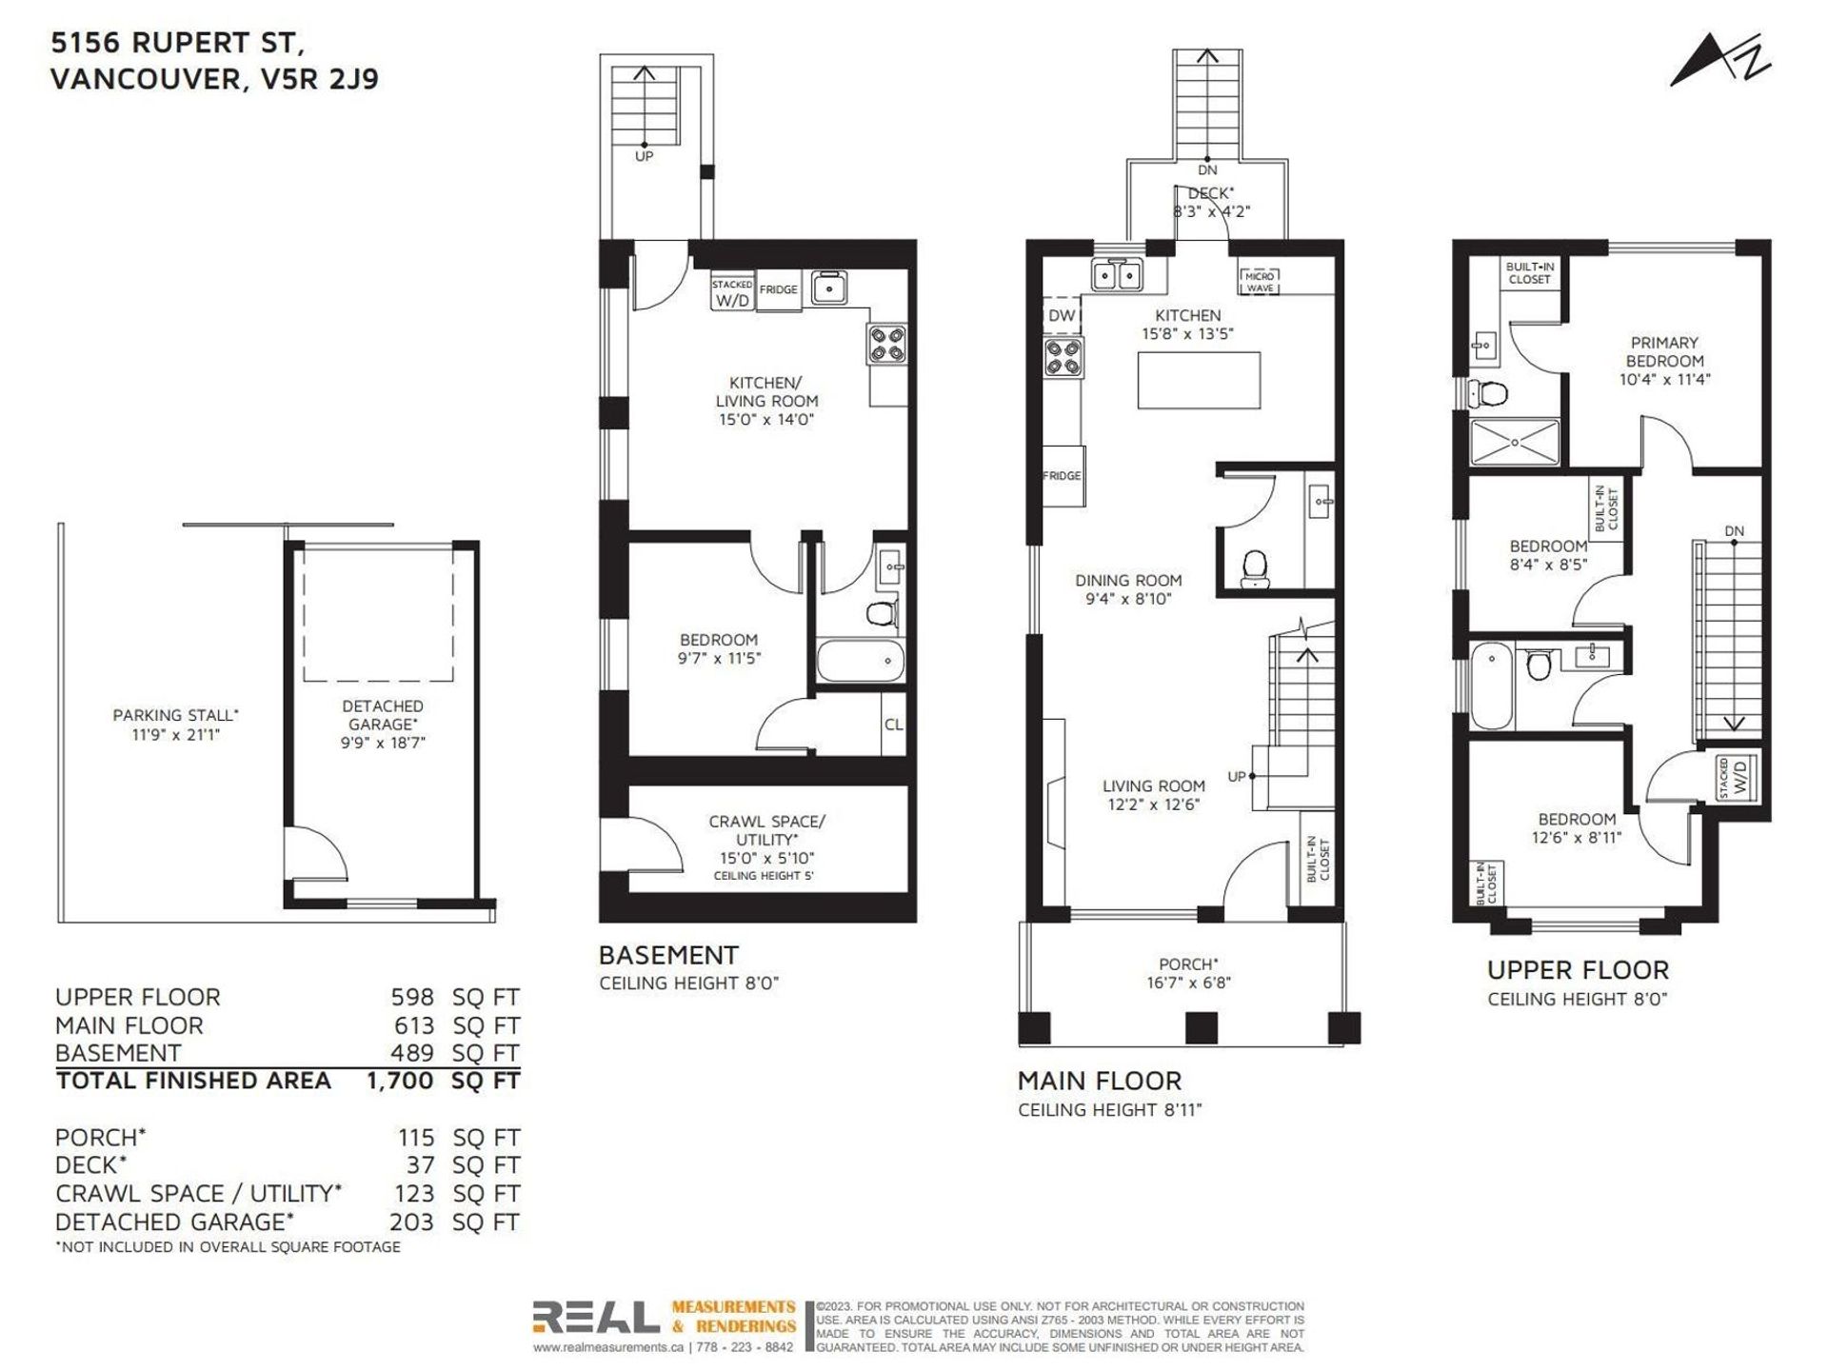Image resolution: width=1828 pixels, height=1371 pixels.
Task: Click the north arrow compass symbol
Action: click(x=1719, y=62)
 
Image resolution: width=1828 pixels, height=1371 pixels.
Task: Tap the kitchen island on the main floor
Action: click(x=1200, y=380)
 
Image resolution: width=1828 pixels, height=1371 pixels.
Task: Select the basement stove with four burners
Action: click(x=886, y=344)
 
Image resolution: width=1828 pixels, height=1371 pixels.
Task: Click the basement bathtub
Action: click(x=861, y=660)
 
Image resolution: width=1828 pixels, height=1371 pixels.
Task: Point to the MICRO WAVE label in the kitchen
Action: click(x=1259, y=282)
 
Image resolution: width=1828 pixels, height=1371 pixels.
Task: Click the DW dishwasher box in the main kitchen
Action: click(x=1062, y=316)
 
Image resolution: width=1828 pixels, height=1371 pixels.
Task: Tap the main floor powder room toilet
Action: click(x=1257, y=568)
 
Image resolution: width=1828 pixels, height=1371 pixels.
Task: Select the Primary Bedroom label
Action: click(x=1664, y=351)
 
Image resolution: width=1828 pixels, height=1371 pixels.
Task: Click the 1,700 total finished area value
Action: click(x=400, y=1081)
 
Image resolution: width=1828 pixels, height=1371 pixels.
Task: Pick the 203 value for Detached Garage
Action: click(x=411, y=1222)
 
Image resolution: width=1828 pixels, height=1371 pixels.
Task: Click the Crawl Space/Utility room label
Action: click(x=766, y=830)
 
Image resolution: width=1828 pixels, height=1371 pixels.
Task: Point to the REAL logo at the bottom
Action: click(x=595, y=1319)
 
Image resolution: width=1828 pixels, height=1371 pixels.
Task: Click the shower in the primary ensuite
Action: click(x=1515, y=443)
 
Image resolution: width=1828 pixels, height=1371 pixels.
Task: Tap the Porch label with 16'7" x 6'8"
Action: click(x=1188, y=973)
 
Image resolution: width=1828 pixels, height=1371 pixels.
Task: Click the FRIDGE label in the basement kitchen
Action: click(x=779, y=289)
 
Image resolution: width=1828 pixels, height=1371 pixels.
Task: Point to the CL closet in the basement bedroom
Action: click(x=893, y=725)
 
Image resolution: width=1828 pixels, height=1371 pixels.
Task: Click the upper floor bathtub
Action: click(x=1491, y=685)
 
